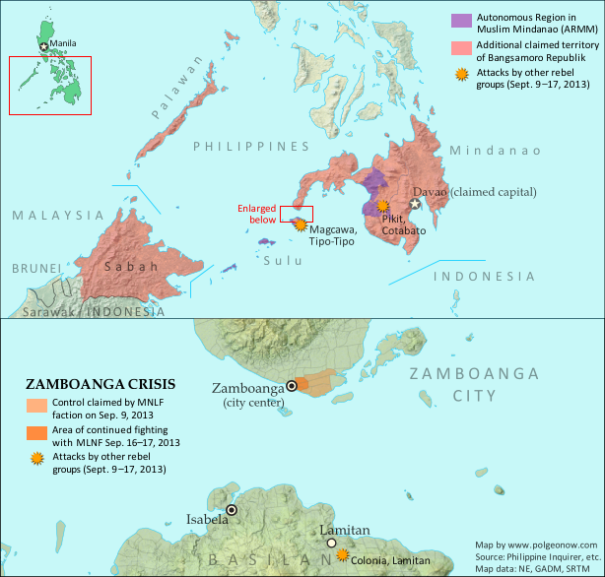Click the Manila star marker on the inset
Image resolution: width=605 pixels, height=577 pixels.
43,45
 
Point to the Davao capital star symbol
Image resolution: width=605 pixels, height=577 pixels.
416,204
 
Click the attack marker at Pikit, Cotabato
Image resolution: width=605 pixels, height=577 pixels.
382,205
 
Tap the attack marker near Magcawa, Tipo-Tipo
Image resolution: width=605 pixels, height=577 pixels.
300,224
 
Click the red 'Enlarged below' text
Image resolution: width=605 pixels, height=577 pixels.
258,215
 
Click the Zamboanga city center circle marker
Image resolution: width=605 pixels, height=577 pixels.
292,385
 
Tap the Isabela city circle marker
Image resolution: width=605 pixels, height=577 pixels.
232,510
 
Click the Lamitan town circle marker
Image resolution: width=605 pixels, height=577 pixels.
332,543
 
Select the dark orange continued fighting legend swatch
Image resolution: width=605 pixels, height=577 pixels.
36,433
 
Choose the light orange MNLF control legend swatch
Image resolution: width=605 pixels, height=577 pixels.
36,405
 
